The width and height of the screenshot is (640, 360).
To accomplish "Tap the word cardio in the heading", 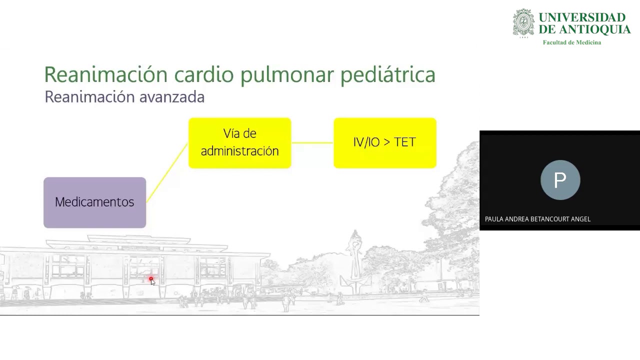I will click(203, 74).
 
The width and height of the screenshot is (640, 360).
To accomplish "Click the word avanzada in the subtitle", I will click(171, 97).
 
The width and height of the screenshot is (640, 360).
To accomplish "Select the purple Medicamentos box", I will click(94, 202).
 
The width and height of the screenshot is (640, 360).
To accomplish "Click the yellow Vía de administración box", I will click(239, 143).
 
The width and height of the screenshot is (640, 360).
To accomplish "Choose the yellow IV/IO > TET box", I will click(384, 143).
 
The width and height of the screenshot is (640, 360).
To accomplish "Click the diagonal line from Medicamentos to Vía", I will click(167, 172).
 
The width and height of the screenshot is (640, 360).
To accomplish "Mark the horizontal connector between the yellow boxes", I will click(312, 143).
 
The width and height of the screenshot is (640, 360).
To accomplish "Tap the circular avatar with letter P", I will click(560, 180).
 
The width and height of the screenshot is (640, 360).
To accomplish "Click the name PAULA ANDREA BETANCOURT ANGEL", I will click(537, 219).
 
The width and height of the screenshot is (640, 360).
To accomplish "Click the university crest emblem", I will click(523, 23).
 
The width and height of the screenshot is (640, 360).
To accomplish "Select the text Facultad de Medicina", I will click(571, 42).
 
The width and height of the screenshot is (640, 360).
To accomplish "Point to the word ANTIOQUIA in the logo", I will click(593, 30).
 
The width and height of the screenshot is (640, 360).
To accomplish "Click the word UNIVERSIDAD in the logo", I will click(582, 18).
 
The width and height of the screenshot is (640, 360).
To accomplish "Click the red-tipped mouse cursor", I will click(152, 281).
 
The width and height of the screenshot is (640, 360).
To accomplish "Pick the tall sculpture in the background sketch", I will click(355, 255).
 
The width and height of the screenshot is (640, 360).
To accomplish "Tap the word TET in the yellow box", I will click(405, 142).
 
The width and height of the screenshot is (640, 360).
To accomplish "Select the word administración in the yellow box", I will click(239, 151).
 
